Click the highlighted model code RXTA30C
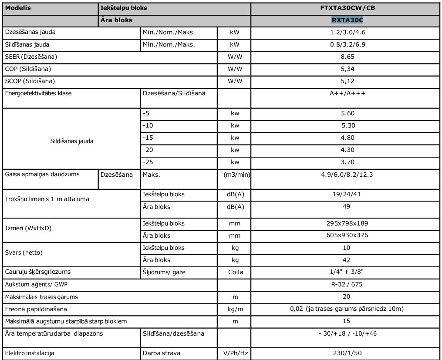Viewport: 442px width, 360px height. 347,20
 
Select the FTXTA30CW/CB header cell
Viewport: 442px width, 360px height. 347,8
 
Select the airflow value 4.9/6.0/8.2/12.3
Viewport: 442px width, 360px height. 347,174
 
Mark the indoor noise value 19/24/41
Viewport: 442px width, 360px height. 347,194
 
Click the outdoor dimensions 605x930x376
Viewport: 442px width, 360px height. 347,236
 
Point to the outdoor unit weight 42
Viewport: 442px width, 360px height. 347,260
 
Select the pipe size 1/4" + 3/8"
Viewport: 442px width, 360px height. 347,272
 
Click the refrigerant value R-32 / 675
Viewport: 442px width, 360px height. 347,284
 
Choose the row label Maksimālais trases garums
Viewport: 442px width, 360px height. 42,296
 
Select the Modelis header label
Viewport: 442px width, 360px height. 18,8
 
